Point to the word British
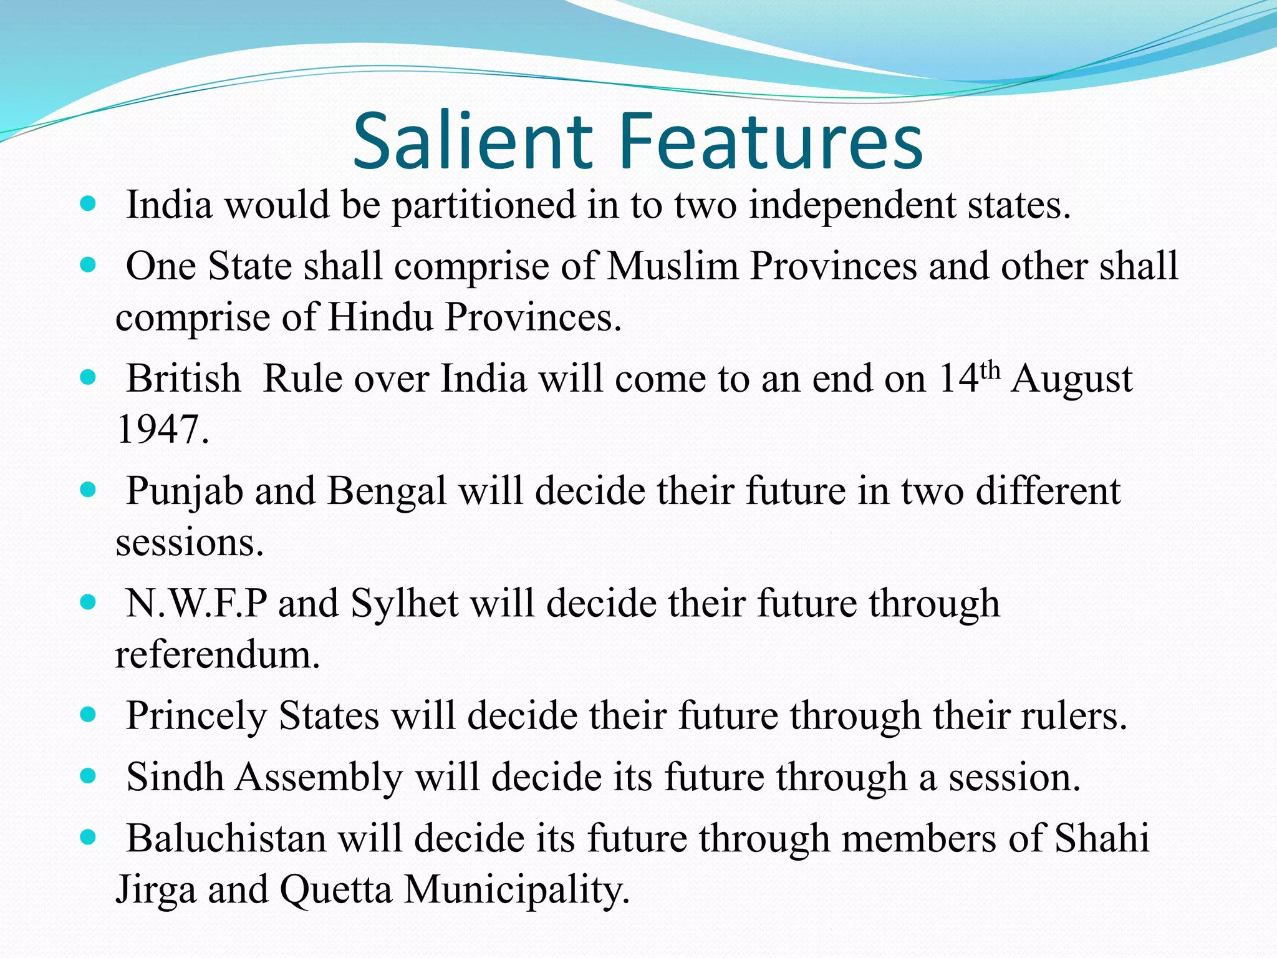tap(183, 379)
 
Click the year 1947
tap(161, 430)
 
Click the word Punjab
tap(185, 491)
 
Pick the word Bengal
tap(387, 491)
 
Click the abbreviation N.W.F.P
tap(196, 604)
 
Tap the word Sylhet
tap(404, 604)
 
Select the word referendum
tap(218, 655)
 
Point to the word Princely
tap(196, 716)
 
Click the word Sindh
tap(175, 777)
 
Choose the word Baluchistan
tap(226, 838)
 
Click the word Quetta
tap(335, 889)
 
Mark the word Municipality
tap(517, 891)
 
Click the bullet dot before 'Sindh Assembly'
tap(89, 776)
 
